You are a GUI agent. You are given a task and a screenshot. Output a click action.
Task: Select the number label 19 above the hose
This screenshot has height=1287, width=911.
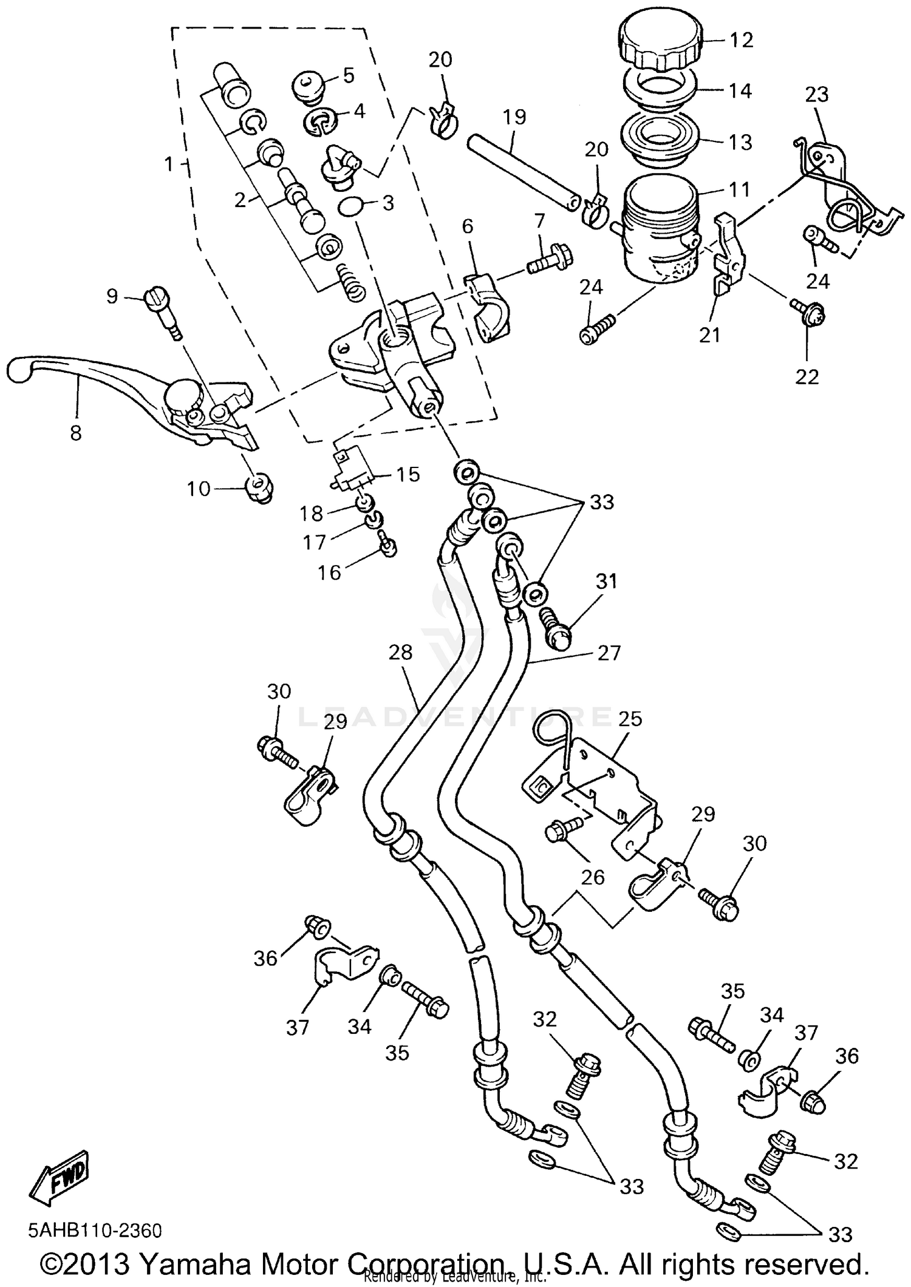514,117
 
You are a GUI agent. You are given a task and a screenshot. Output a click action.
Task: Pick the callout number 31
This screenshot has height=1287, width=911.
606,581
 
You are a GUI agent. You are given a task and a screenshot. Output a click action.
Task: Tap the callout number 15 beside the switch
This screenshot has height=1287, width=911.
408,474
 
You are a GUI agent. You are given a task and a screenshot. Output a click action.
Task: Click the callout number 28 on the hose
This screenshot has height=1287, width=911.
401,653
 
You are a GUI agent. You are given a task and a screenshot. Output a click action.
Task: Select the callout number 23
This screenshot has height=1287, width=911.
817,94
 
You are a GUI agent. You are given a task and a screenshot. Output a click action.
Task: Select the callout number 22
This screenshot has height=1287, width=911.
807,376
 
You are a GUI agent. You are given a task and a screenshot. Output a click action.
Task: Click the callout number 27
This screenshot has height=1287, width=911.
609,653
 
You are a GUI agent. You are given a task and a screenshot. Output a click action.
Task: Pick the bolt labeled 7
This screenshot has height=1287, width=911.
549,261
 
